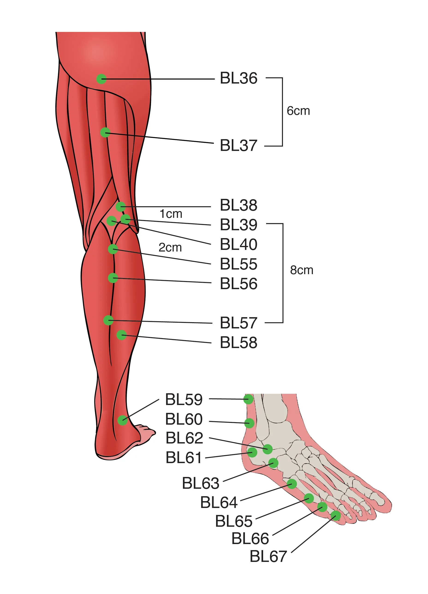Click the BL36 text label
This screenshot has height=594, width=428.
[x=238, y=78]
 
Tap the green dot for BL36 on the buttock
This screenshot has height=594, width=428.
[x=101, y=79]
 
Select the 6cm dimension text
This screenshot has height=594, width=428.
[x=298, y=111]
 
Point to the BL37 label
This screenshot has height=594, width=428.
[x=238, y=146]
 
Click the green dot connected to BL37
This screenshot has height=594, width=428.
[x=105, y=132]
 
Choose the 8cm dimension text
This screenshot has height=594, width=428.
[x=301, y=270]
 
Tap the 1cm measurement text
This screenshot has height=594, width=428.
[x=171, y=214]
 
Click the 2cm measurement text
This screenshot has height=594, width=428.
[x=170, y=248]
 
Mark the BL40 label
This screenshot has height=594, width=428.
[x=238, y=244]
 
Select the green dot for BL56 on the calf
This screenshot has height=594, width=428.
[x=113, y=278]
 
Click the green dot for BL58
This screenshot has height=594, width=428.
[x=122, y=335]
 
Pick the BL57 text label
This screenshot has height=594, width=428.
[x=238, y=323]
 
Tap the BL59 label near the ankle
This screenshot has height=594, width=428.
[x=184, y=399]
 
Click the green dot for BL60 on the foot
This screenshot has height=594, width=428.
[x=249, y=423]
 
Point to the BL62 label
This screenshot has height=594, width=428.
[x=184, y=438]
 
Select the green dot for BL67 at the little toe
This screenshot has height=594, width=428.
[x=336, y=516]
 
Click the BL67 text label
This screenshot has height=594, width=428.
[x=268, y=557]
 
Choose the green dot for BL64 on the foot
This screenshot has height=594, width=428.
[x=292, y=484]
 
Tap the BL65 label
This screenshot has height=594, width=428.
[x=233, y=521]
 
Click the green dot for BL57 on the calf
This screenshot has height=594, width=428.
[x=109, y=320]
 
